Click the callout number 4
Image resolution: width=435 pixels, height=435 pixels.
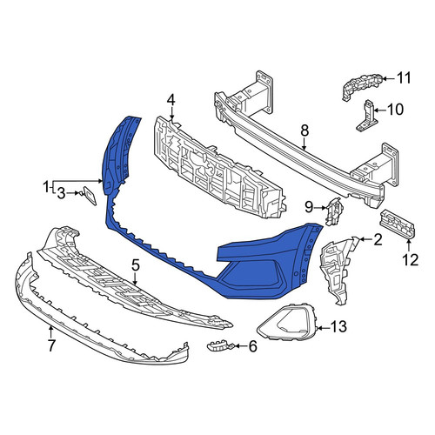[x=171, y=100]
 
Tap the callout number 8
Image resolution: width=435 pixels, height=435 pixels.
[x=304, y=130]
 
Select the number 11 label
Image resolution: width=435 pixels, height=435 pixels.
[x=404, y=78]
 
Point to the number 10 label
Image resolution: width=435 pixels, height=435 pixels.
[x=395, y=110]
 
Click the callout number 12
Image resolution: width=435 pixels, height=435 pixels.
[x=412, y=259]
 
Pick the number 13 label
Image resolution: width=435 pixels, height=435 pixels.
[x=338, y=327]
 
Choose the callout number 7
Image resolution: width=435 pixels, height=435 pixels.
[x=51, y=345]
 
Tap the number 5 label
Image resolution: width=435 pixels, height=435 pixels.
[x=136, y=264]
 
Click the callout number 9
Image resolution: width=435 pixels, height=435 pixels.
[x=309, y=207]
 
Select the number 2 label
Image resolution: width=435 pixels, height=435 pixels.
[x=378, y=240]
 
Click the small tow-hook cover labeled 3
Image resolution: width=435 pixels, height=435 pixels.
[x=90, y=196]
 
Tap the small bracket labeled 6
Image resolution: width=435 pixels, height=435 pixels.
[x=218, y=345]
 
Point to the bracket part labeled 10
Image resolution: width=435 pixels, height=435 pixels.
[x=367, y=117]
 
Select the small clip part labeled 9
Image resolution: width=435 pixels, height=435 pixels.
[x=334, y=211]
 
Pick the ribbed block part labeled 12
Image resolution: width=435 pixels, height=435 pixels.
[x=397, y=224]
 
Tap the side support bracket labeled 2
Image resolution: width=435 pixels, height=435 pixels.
[x=338, y=268]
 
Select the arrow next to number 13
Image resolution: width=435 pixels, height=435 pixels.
[x=323, y=328]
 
